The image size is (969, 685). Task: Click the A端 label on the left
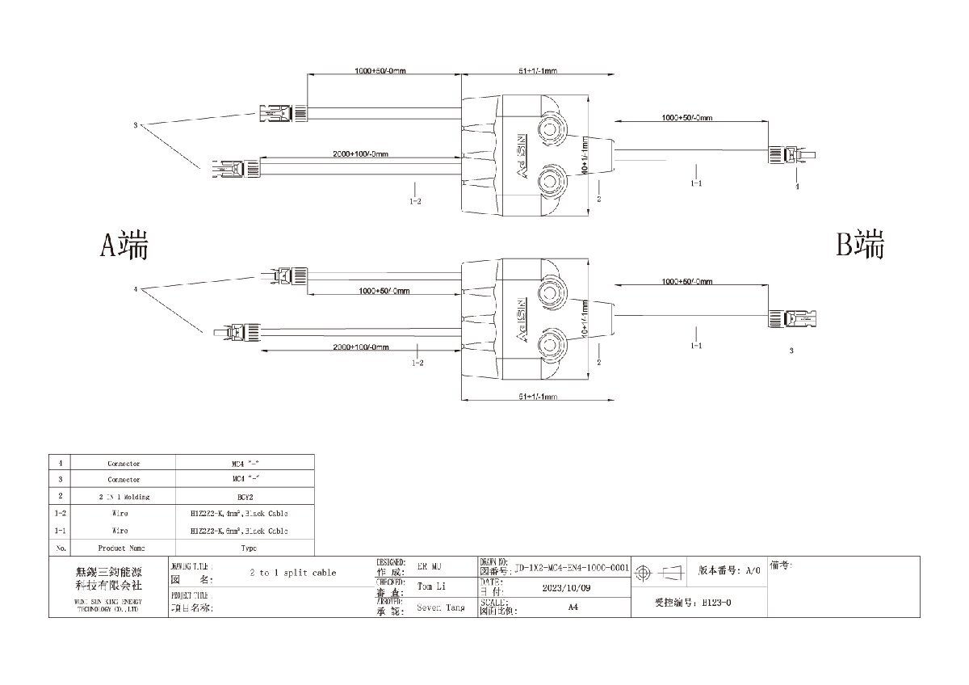[124, 245]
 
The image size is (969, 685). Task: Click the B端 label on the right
[860, 243]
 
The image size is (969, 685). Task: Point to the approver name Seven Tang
[440, 607]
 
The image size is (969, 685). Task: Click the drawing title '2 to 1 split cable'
[293, 572]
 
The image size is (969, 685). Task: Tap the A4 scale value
[573, 607]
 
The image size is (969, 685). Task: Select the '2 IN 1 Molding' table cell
[124, 497]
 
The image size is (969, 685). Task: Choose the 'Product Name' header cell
[124, 548]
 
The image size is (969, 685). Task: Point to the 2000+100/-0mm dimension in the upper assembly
[360, 154]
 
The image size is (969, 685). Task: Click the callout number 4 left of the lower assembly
[136, 288]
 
